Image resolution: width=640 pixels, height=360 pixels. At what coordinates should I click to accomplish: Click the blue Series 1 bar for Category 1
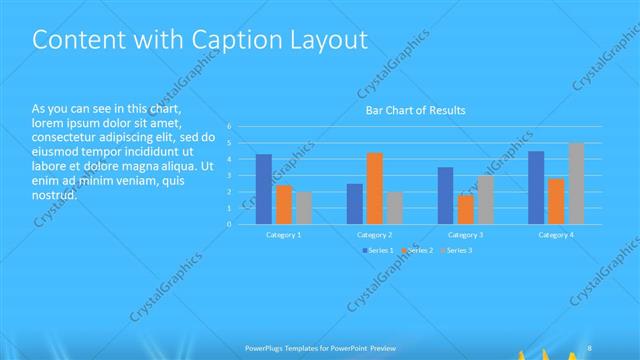[x=264, y=189]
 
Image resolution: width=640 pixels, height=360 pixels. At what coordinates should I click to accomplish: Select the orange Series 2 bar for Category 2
[x=374, y=188]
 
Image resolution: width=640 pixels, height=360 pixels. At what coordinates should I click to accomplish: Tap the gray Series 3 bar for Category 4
[x=575, y=183]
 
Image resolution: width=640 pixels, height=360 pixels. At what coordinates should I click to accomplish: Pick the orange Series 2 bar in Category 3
[x=465, y=209]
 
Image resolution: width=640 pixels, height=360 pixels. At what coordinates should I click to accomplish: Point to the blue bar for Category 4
[x=536, y=187]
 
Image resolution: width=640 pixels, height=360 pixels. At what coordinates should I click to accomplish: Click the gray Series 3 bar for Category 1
[x=303, y=208]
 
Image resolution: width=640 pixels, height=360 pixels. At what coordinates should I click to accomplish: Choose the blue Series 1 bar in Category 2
[x=355, y=203]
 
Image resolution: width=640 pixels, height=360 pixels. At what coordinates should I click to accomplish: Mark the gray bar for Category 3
[x=485, y=199]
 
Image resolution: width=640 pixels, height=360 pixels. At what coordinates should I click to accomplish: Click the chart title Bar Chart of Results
[x=414, y=110]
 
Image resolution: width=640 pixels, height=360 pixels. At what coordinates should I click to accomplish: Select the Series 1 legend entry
[x=376, y=250]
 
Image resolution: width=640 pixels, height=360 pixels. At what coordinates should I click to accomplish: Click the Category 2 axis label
[x=375, y=234]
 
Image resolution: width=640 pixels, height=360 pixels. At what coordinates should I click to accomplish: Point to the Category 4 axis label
[x=556, y=234]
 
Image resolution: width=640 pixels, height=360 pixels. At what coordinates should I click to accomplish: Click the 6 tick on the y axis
[x=229, y=126]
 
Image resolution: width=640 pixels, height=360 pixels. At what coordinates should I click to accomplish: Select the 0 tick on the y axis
[x=229, y=224]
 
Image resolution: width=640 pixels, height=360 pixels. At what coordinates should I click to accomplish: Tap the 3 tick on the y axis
[x=229, y=175]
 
